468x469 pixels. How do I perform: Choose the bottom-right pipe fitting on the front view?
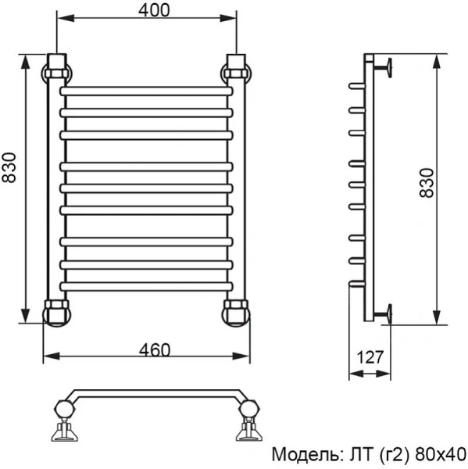click(x=237, y=311)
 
